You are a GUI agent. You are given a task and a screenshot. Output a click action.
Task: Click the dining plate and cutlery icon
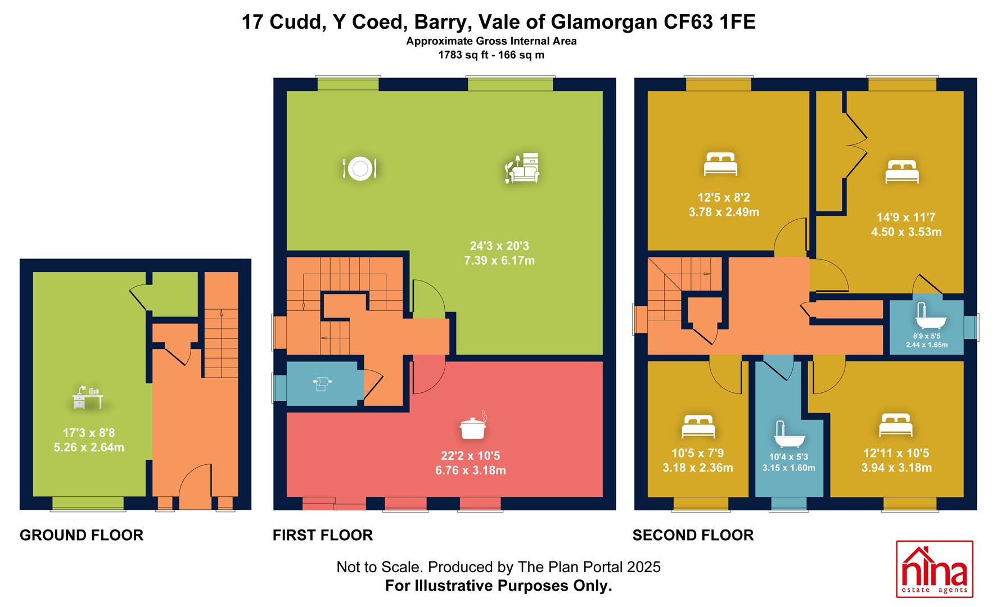359,168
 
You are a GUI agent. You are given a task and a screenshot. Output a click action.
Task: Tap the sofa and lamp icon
522,167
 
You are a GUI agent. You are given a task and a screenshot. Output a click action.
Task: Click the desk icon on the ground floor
88,397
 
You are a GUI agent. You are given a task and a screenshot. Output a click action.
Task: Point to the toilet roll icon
322,383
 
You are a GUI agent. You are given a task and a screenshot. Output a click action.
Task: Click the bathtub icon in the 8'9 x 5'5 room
931,317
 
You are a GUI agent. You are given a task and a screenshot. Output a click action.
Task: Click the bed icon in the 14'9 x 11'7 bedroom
902,172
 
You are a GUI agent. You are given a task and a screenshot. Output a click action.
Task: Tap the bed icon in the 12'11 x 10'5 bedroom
896,425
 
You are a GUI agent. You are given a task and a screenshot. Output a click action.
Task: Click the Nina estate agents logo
934,576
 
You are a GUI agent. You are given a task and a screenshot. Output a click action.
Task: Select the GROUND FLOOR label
82,535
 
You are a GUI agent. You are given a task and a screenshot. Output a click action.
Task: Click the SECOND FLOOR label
693,535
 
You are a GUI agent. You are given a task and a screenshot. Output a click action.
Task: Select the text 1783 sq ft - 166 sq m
491,55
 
